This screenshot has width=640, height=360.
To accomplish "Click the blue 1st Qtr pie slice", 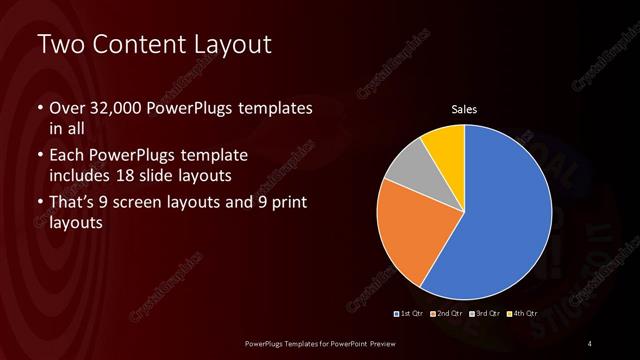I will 500,215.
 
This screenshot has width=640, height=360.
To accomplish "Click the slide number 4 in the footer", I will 590,344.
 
